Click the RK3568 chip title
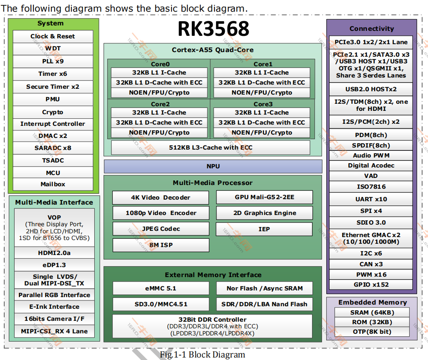point(214,29)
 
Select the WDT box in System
point(53,49)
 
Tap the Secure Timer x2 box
point(53,87)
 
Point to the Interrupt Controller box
point(53,124)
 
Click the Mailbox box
point(53,184)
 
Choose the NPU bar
point(213,166)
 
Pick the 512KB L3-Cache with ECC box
point(210,147)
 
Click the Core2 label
point(160,104)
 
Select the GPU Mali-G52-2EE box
point(264,197)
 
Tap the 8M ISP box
point(161,245)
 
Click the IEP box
point(264,229)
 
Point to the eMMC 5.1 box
point(161,288)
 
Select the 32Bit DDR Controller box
point(212,326)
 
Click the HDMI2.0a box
point(54,253)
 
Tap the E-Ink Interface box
point(54,307)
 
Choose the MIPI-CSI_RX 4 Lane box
point(54,331)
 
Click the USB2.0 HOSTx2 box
point(371,89)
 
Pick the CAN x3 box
point(371,264)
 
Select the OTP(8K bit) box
point(372,332)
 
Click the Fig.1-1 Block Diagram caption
point(202,355)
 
